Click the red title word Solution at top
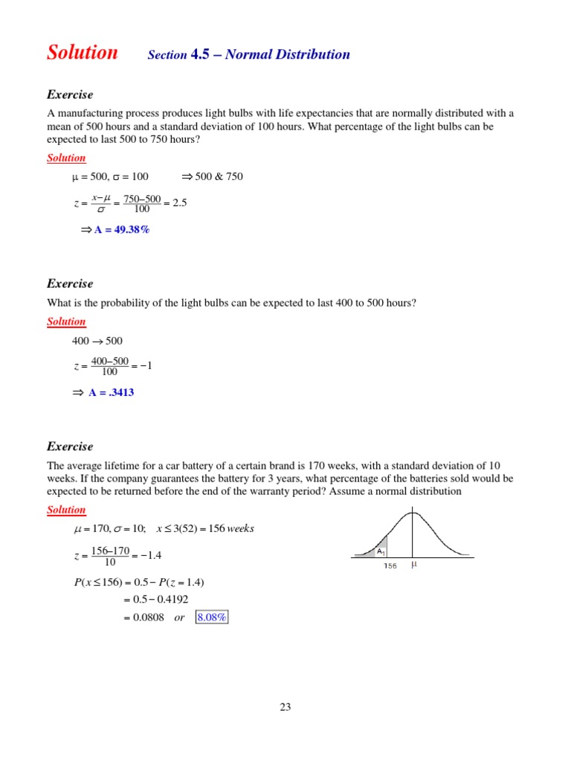[82, 53]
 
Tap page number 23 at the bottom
[285, 707]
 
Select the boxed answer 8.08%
[212, 617]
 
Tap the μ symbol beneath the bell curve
[414, 565]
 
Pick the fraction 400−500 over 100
[109, 366]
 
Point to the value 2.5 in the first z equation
[179, 202]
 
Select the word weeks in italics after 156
[241, 528]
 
